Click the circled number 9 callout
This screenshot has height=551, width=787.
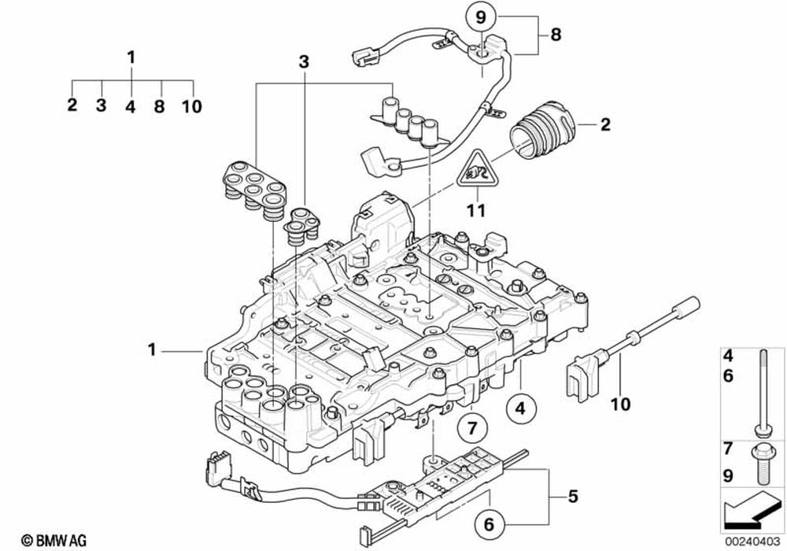[x=480, y=15]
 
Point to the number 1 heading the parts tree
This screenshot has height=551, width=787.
[x=131, y=57]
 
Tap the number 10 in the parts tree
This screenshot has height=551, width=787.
[x=193, y=106]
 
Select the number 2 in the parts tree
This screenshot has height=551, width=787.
[x=72, y=105]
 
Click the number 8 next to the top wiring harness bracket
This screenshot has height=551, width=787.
[x=556, y=35]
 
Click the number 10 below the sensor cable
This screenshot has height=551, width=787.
[x=621, y=405]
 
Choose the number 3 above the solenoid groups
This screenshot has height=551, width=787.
[x=305, y=61]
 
